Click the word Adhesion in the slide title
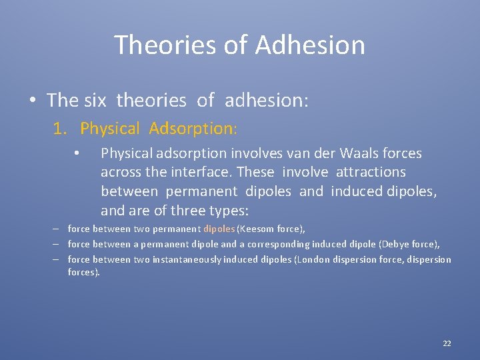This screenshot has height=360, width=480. (310, 45)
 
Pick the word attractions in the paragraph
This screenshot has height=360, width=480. (371, 172)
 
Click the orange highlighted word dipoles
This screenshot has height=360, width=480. (219, 229)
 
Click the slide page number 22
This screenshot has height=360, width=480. (447, 343)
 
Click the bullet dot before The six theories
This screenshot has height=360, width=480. (32, 101)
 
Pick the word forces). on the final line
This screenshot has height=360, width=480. (84, 272)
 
